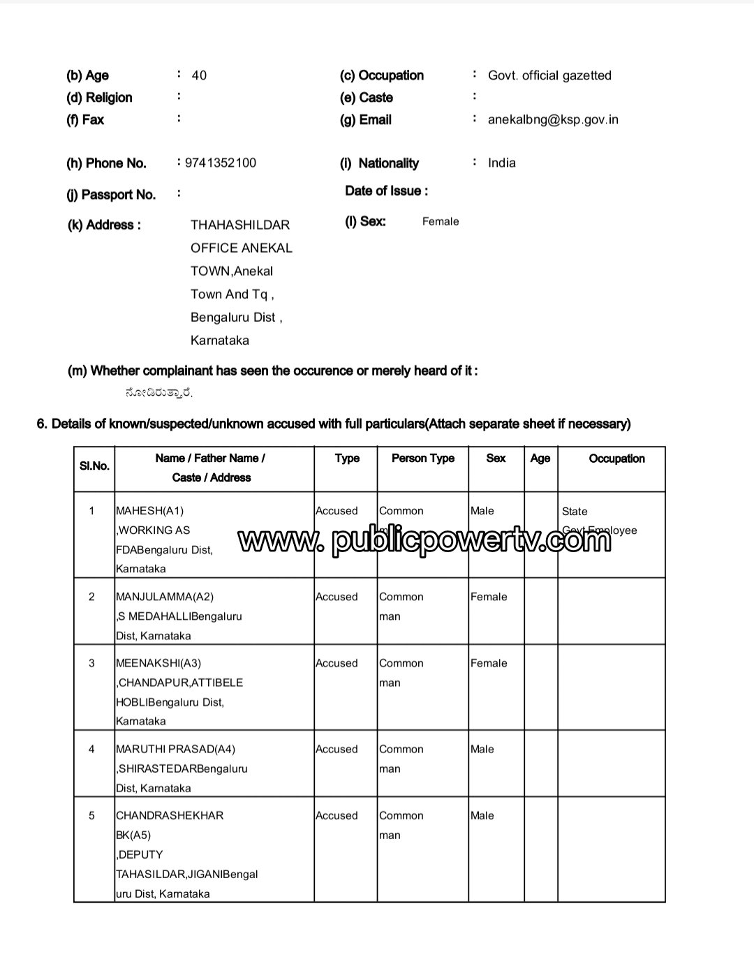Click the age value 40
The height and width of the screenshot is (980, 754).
tap(199, 75)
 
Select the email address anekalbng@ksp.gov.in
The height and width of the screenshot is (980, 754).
tap(553, 119)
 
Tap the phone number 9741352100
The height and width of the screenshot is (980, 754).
tap(221, 163)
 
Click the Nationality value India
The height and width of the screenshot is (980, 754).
tap(502, 163)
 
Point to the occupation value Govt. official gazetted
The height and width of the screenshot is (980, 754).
tap(549, 75)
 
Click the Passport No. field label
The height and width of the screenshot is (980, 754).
tap(111, 195)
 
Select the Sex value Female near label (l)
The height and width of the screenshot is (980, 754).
tap(441, 221)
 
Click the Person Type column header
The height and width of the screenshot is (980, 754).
tap(422, 459)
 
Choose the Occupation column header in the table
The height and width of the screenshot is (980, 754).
tap(616, 459)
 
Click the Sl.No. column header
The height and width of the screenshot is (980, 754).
tap(94, 466)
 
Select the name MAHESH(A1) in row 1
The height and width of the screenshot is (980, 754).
tap(150, 511)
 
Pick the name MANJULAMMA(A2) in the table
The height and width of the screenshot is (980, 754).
tap(165, 597)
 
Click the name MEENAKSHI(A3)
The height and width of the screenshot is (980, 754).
tap(158, 663)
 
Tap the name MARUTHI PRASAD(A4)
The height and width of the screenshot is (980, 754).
tap(175, 749)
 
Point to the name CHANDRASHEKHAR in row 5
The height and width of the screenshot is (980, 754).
tap(170, 815)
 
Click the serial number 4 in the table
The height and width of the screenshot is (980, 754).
tap(91, 749)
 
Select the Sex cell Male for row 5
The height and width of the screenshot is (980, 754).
tap(482, 815)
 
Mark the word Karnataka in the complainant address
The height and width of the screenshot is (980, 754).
tap(219, 341)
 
